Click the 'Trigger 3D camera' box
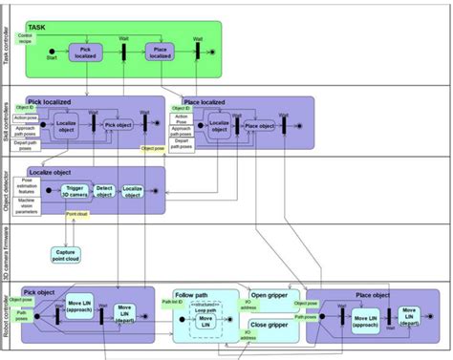tap(74, 191)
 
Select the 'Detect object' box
tap(104, 191)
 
